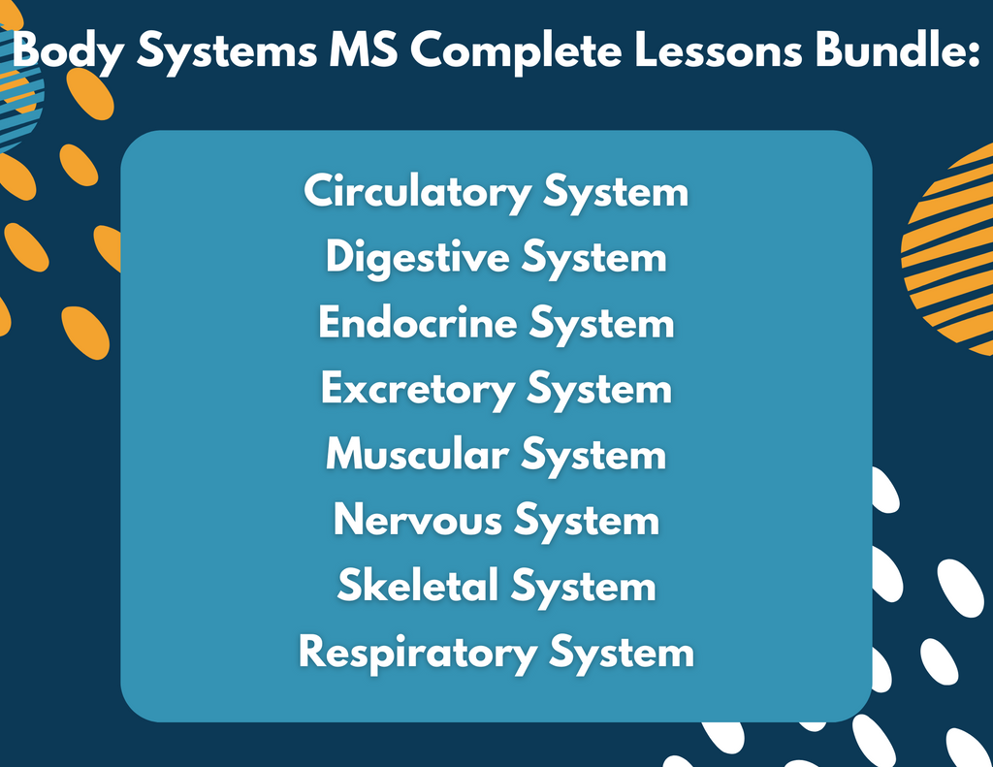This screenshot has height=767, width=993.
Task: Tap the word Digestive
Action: [418, 258]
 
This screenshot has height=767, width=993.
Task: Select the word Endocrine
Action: [417, 323]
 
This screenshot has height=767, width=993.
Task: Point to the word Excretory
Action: [418, 390]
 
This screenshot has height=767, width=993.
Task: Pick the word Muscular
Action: [417, 455]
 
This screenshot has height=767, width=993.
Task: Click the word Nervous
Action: [418, 521]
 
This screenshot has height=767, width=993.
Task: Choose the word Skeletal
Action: [418, 586]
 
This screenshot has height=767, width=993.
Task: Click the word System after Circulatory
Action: [616, 192]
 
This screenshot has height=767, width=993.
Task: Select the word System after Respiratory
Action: [622, 653]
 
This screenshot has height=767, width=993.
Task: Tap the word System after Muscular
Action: [593, 455]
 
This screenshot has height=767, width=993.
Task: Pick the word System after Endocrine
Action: [601, 323]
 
